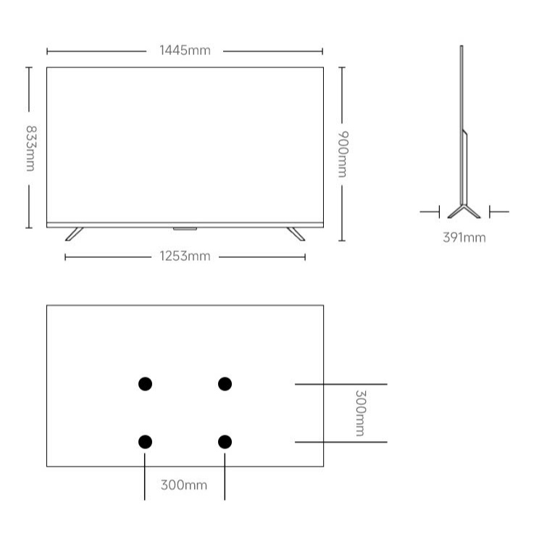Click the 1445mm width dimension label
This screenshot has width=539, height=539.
click(185, 51)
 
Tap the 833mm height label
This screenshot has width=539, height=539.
click(31, 149)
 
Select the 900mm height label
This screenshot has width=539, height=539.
click(343, 154)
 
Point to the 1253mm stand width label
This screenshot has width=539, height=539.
click(185, 256)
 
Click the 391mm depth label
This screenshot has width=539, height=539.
click(464, 238)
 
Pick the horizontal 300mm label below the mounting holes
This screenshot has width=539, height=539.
click(184, 485)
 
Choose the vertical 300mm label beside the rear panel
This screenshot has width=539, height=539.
click(361, 413)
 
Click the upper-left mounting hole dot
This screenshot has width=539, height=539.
click(145, 384)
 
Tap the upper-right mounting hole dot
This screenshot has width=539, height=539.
click(225, 384)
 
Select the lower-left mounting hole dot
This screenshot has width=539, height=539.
click(145, 442)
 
